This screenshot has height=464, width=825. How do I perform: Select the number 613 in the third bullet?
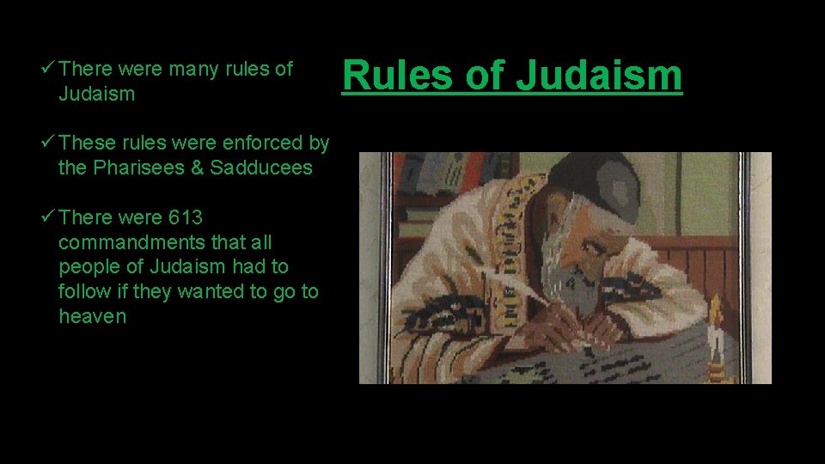pyautogui.click(x=186, y=217)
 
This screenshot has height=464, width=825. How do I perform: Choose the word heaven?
pyautogui.click(x=92, y=316)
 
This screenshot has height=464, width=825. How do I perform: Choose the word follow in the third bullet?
pyautogui.click(x=84, y=291)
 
